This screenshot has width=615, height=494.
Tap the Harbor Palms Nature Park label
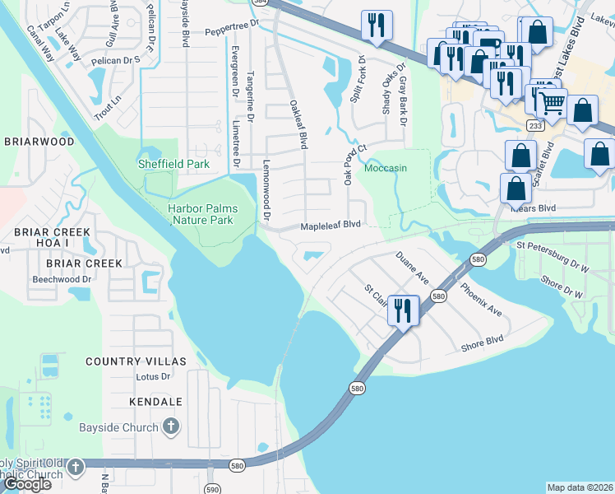coord(201,214)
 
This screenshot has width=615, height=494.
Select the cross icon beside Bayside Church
coord(171,426)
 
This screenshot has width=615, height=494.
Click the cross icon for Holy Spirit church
coord(75,467)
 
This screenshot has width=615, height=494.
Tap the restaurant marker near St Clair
coord(403,311)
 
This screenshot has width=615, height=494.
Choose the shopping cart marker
coord(553,103)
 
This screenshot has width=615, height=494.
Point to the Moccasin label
coord(386,169)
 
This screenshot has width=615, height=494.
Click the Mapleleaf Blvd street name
coord(331,225)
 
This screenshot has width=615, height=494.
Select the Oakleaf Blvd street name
coord(297,124)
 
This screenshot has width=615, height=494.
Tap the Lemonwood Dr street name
coord(266,190)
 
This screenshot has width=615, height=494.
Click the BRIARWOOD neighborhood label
coord(39,142)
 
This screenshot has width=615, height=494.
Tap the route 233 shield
coord(535,126)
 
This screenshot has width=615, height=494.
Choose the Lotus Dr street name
coord(153,377)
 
